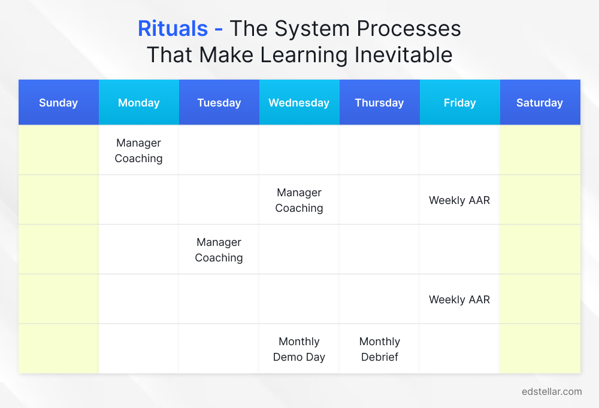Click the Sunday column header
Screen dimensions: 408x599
[x=58, y=103]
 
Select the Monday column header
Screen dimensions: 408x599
[x=138, y=103]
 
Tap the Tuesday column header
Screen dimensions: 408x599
[x=219, y=103]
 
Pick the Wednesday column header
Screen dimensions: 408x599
[x=299, y=103]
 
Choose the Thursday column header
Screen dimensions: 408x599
[x=379, y=103]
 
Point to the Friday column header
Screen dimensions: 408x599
[x=459, y=103]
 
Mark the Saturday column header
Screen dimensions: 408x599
[x=540, y=103]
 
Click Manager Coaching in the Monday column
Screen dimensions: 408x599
[x=138, y=151]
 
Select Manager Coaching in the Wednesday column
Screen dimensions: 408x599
[x=299, y=200]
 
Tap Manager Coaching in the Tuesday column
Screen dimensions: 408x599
[x=219, y=250]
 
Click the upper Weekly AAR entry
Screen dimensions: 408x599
[x=459, y=200]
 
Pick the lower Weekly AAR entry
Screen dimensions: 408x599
[x=459, y=300]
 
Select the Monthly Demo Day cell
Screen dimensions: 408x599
[x=299, y=349]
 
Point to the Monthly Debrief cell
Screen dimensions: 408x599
[x=379, y=349]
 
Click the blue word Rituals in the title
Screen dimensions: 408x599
[x=173, y=29]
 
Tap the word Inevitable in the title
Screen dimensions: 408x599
[x=403, y=55]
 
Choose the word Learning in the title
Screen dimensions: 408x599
[x=303, y=55]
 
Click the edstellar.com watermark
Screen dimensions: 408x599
[x=551, y=392]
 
